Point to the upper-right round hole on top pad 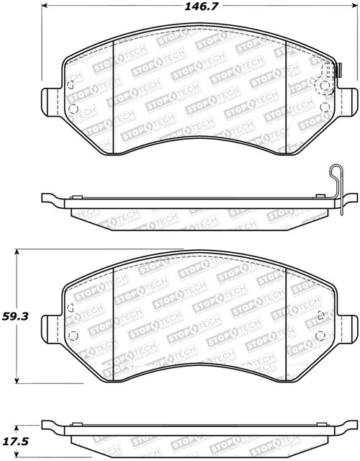pyautogui.click(x=325, y=86)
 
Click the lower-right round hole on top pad pyautogui.click(x=325, y=109)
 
